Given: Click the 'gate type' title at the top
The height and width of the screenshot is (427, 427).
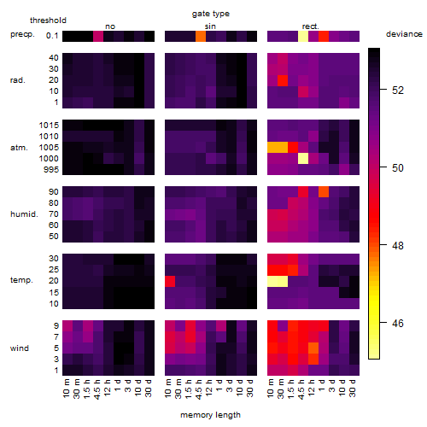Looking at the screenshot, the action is point(211,14).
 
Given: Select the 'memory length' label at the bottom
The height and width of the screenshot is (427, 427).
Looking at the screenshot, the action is point(210,415).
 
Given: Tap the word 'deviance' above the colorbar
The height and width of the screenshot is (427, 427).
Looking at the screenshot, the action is point(404,34).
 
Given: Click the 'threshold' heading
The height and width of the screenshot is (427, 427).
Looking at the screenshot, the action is point(48,20).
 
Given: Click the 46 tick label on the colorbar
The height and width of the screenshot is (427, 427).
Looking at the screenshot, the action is point(398,324).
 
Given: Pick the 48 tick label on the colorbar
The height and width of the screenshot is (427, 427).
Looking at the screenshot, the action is point(398,245).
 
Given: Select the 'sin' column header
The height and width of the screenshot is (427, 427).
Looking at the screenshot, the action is point(210,26).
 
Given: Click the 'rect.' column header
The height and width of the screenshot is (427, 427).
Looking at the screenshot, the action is point(310,26).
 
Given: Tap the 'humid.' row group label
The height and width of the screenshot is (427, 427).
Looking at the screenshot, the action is point(24,214).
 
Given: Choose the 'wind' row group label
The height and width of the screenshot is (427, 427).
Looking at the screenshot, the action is point(20,348).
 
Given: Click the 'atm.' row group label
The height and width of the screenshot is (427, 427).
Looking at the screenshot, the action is point(19,148).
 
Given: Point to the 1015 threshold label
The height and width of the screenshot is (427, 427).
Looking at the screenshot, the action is point(49,126).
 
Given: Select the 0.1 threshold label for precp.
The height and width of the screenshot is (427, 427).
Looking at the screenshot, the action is point(52,36).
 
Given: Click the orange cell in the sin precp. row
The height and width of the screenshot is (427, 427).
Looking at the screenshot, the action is point(201,37).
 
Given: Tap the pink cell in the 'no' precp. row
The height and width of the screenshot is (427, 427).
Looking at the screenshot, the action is point(98,37).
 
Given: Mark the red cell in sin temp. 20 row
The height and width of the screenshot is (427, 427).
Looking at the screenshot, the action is point(170,282).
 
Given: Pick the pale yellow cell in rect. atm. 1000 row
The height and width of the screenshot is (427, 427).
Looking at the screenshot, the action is point(303,158).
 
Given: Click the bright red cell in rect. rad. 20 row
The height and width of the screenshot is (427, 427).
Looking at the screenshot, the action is point(283,80).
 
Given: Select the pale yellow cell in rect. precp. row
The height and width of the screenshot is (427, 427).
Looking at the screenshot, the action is point(303,37).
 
